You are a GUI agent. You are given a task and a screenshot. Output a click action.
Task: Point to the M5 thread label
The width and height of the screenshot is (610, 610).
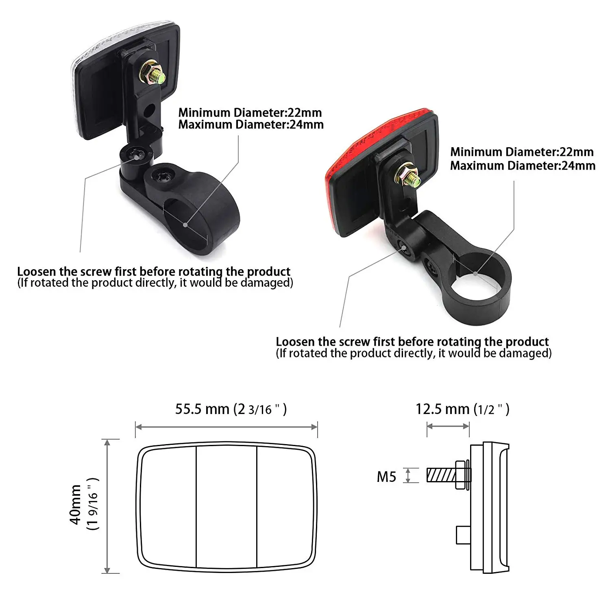tap(386, 476)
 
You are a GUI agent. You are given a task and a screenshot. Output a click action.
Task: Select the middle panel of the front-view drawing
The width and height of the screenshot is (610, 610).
tap(227, 506)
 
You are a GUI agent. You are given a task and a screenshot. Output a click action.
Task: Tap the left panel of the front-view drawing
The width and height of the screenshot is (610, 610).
tap(168, 506)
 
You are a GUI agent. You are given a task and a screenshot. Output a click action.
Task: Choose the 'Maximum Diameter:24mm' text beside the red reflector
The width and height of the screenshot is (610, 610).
tap(523, 166)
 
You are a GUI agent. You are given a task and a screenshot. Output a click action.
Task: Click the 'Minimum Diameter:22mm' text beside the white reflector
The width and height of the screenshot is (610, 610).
tap(250, 112)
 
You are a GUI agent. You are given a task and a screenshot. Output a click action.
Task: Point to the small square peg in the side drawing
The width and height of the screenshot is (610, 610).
tap(463, 535)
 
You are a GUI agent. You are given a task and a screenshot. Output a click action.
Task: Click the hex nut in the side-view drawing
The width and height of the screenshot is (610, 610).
tap(460, 475)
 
